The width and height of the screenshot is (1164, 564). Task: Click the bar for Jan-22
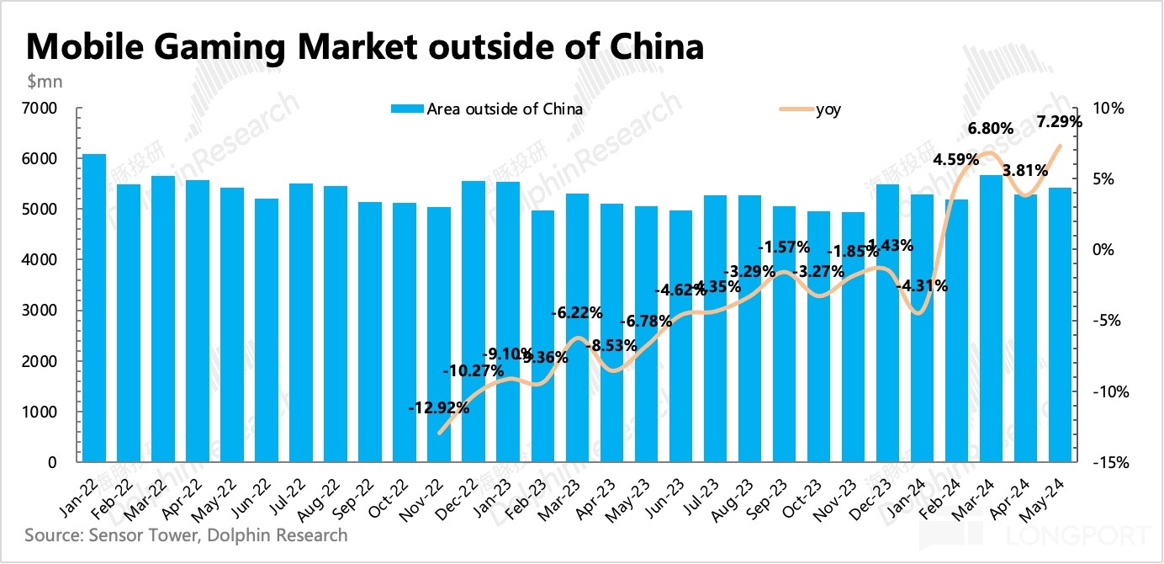coord(94,308)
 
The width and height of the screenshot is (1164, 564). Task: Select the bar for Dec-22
coord(474,322)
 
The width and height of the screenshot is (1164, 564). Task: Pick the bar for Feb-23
coord(542,336)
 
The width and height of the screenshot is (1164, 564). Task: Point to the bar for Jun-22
coord(267,330)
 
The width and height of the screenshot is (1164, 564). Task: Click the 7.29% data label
coord(1060,121)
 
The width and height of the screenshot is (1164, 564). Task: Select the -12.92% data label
coord(438,407)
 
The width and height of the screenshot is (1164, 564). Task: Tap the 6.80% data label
coord(990,129)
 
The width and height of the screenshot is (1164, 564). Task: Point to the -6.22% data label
coord(576,313)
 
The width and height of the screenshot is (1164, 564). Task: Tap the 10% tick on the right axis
coord(1108,109)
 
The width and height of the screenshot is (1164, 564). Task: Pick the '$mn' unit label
coord(44,82)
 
